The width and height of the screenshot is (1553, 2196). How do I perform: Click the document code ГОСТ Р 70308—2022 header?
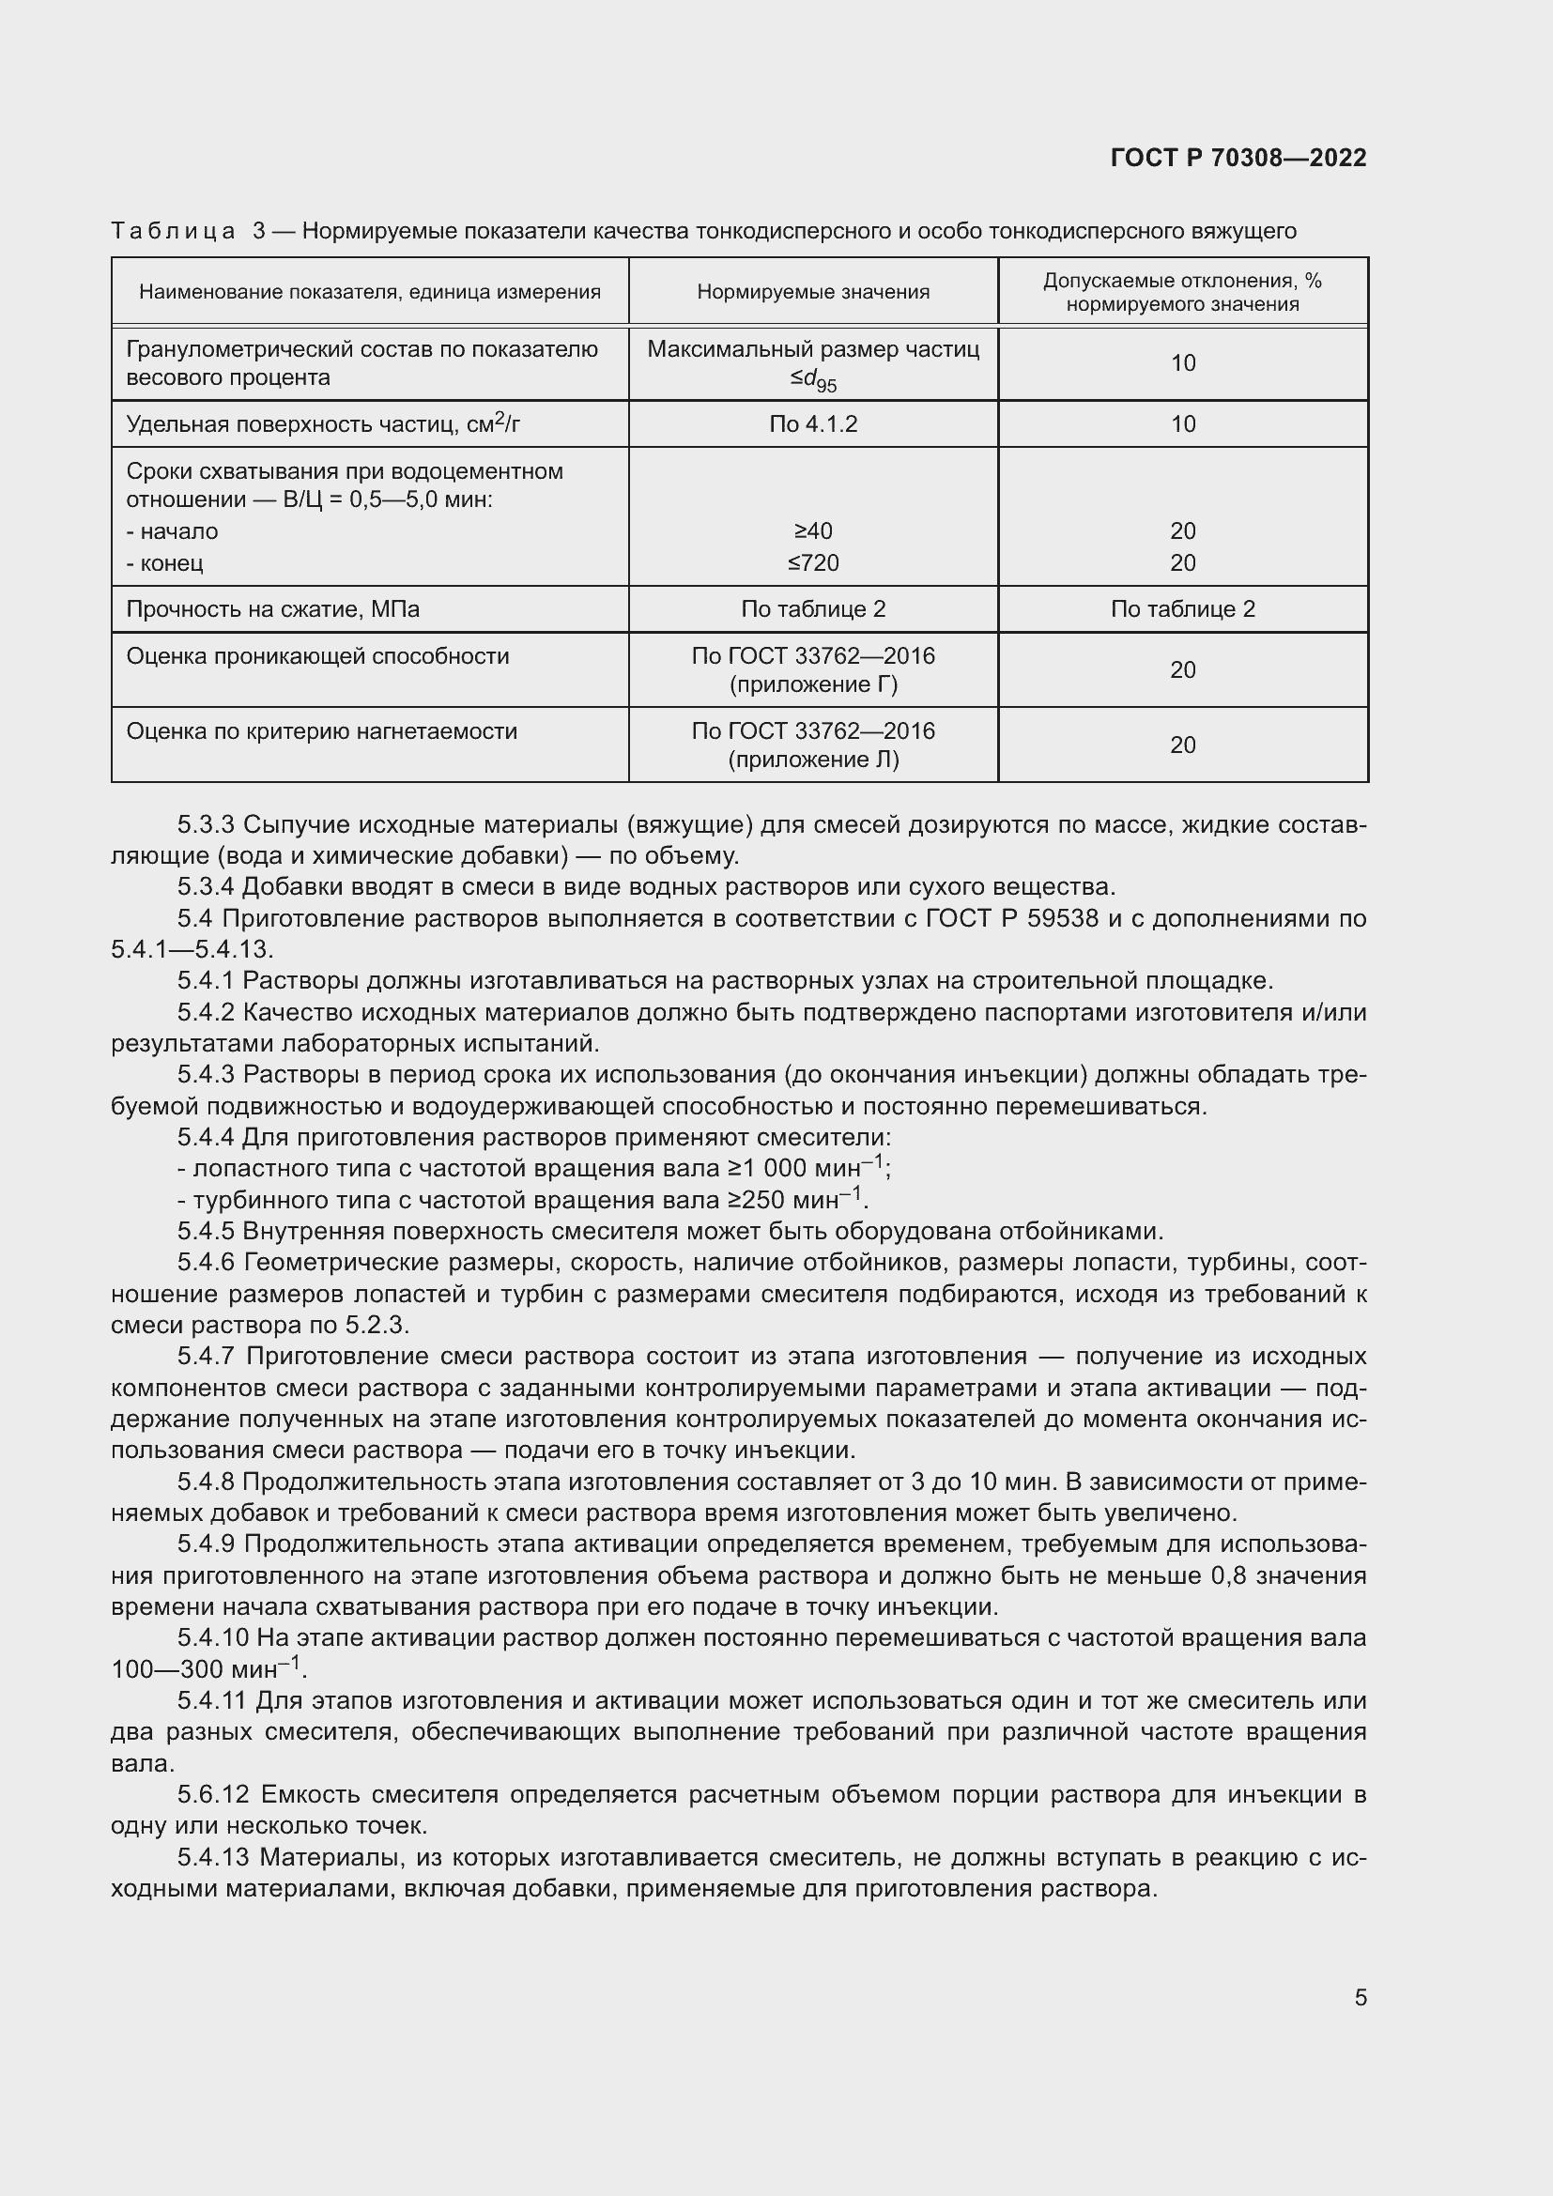(x=1238, y=158)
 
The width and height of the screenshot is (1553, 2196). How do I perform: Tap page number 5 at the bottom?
(x=1360, y=1998)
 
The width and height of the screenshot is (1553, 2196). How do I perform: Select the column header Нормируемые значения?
(x=813, y=292)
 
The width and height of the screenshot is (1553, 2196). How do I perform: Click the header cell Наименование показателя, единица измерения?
(x=370, y=292)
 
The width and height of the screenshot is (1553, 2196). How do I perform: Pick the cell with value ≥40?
(x=813, y=530)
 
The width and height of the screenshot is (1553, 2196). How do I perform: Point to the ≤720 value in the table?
(x=813, y=562)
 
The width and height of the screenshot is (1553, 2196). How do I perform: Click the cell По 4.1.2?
(x=813, y=423)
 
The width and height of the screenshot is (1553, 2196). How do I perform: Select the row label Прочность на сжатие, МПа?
(x=273, y=609)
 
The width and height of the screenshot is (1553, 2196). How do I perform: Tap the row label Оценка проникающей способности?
(x=317, y=656)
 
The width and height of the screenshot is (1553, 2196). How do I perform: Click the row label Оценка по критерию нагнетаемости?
(x=321, y=730)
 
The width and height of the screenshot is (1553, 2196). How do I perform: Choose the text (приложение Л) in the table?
(x=813, y=760)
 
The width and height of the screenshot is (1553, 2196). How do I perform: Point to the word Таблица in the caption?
(x=173, y=232)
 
